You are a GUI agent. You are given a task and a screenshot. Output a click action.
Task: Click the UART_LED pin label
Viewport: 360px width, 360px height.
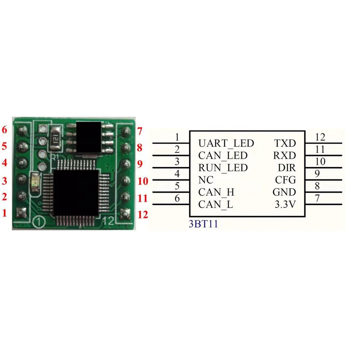(226, 143)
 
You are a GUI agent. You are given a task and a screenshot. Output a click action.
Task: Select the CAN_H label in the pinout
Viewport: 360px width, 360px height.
(216, 192)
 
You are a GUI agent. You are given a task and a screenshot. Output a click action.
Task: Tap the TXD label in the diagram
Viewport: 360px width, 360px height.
(285, 143)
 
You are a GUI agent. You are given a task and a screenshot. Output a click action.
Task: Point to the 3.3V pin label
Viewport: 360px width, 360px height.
(285, 205)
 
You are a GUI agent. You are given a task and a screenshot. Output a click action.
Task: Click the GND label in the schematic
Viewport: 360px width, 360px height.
(284, 192)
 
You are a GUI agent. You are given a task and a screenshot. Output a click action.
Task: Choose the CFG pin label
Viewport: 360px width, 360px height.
(285, 180)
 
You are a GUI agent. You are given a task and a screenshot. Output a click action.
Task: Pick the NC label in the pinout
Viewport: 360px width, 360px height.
(206, 180)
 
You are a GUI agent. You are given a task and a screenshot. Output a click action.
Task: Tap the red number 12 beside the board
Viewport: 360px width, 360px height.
(143, 215)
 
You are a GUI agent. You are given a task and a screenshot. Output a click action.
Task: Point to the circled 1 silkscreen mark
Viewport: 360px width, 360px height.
(39, 222)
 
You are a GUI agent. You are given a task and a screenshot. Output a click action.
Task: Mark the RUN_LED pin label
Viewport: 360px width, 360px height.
(223, 168)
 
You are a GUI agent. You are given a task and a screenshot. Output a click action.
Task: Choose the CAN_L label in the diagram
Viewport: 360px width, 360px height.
(216, 205)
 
